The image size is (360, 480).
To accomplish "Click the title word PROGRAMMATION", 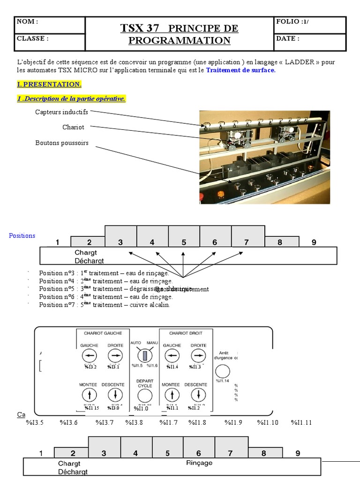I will pyautogui.click(x=180, y=40).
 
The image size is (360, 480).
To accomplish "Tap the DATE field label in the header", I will pyautogui.click(x=288, y=38).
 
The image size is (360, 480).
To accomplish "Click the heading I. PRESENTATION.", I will pyautogui.click(x=49, y=84).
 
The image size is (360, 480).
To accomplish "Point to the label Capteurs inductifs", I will pyautogui.click(x=61, y=112).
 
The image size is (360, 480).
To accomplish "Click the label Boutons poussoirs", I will pyautogui.click(x=62, y=143).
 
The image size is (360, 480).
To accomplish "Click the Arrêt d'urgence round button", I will pyautogui.click(x=223, y=371).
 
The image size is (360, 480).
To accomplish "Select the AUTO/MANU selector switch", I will pyautogui.click(x=145, y=355).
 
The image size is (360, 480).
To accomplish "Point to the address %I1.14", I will pyautogui.click(x=222, y=381).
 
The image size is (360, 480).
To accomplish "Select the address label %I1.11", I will pyautogui.click(x=301, y=422).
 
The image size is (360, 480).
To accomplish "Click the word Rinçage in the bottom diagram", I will pyautogui.click(x=199, y=463).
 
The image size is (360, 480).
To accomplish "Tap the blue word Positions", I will pyautogui.click(x=22, y=235).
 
